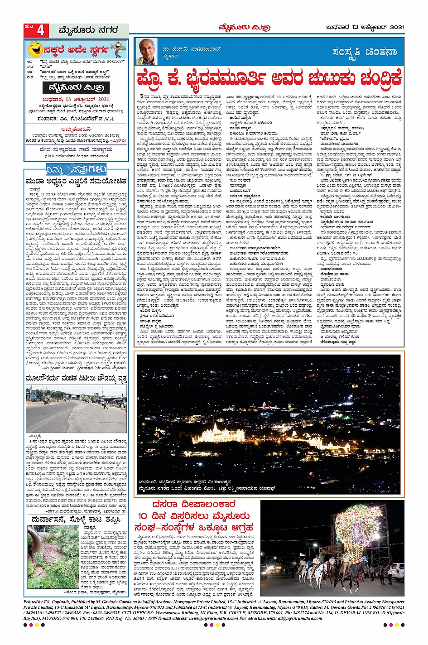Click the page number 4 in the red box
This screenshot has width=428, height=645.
(x=41, y=31)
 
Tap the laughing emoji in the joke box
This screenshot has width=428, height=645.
(x=35, y=49)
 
